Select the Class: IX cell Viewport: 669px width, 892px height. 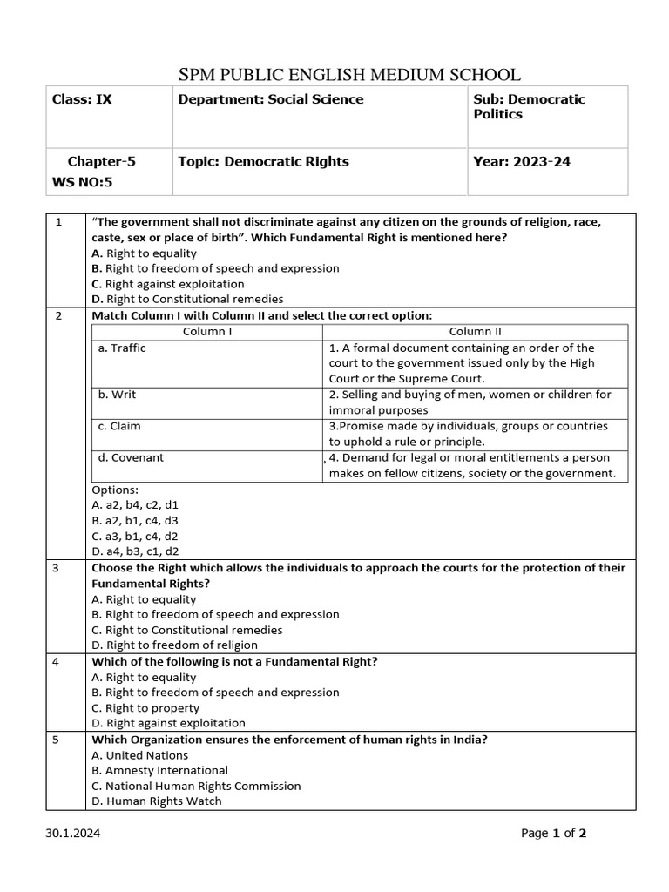82,99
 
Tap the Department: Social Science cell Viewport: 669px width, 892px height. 271,99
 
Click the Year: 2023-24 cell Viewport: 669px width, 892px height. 522,161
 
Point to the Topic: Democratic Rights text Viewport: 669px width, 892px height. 263,161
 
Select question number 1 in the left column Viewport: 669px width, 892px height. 58,222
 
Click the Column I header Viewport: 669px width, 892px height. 207,332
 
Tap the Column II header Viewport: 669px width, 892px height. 475,332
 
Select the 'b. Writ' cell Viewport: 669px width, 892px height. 118,395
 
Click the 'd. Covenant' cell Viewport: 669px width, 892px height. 131,457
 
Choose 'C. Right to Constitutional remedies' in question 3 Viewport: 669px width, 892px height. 187,630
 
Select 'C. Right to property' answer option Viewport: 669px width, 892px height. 145,708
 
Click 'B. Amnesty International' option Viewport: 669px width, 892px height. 159,770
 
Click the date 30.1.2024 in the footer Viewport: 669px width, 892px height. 73,834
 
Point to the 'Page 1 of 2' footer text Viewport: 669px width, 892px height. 553,834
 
